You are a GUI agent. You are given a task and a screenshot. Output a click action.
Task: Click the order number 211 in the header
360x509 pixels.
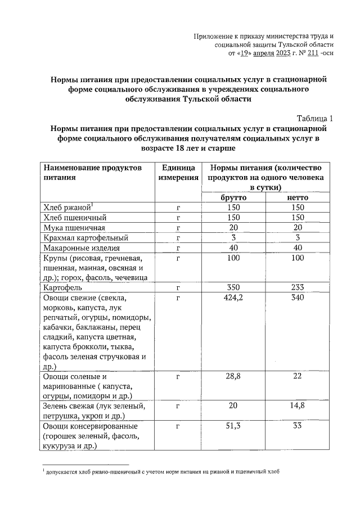[306, 53]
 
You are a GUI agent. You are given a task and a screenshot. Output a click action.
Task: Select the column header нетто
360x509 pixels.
[298, 198]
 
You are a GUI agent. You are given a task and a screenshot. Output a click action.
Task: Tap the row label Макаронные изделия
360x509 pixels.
[81, 248]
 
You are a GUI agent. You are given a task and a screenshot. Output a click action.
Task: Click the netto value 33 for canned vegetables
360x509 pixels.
[298, 426]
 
